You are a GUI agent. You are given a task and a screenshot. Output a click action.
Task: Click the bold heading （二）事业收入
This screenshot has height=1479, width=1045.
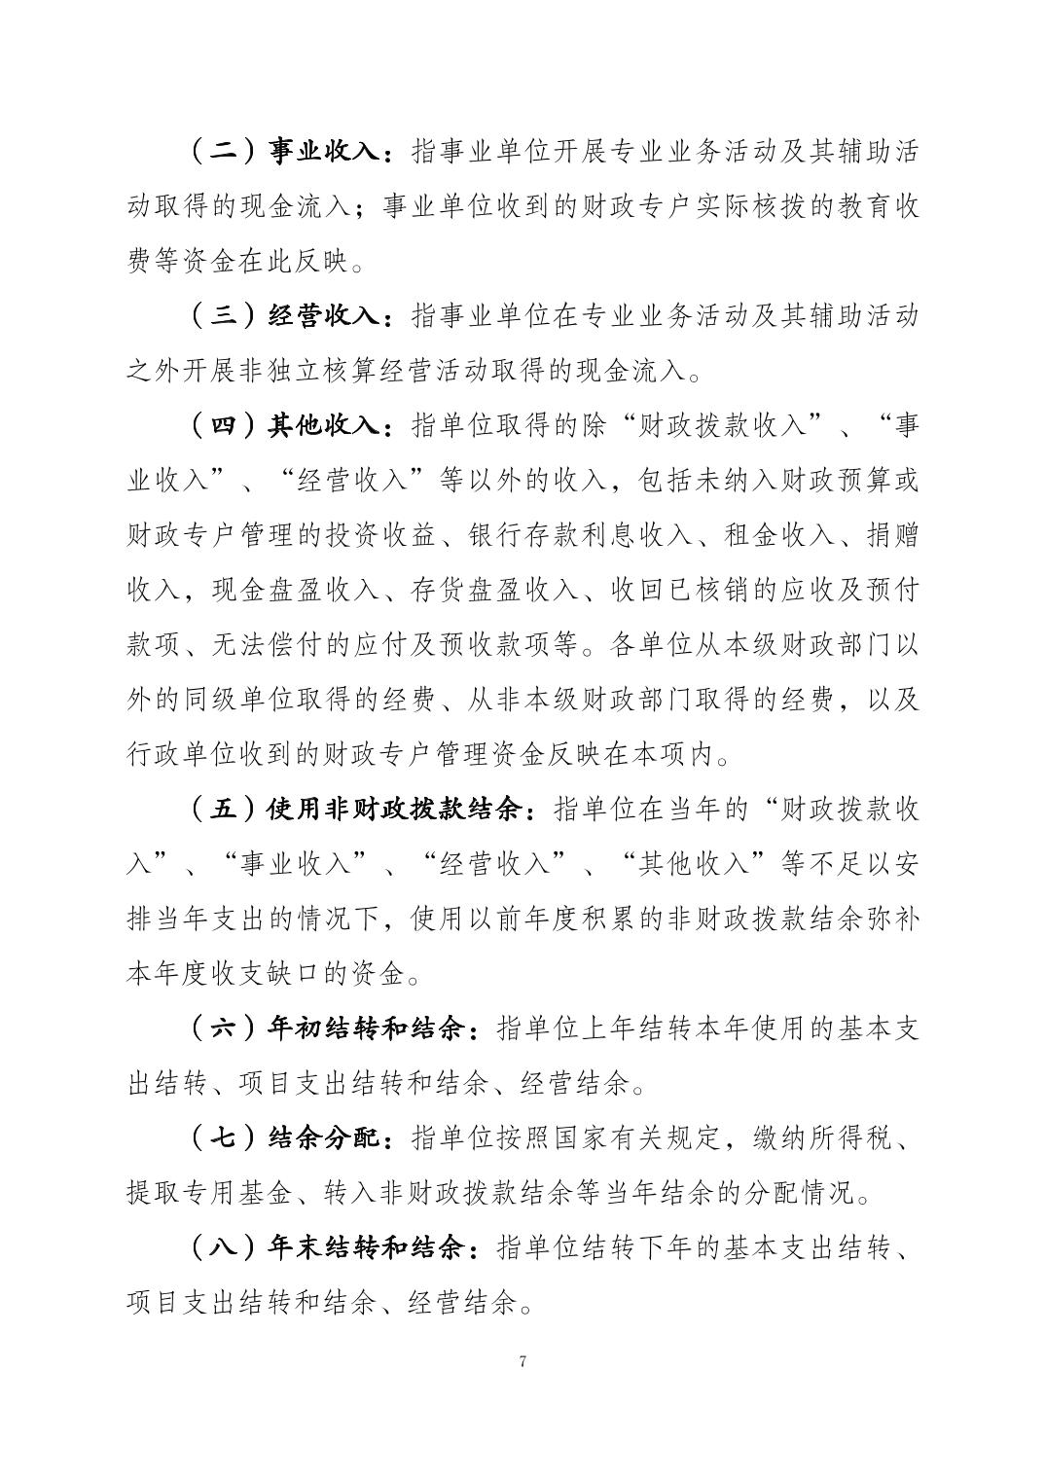[289, 152]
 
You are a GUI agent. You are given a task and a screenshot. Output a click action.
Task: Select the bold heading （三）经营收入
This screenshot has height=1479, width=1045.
[289, 316]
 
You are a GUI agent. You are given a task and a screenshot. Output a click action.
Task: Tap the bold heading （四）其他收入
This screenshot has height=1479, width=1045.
[289, 425]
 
